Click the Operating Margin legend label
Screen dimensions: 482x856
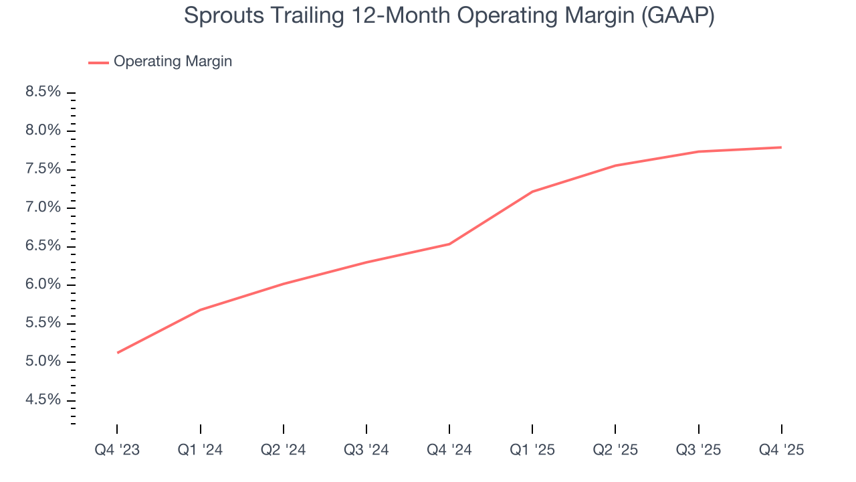tap(173, 62)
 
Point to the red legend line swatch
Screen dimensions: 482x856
tap(98, 62)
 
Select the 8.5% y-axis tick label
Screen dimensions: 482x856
tap(43, 92)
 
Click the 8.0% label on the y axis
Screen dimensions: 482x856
tap(43, 131)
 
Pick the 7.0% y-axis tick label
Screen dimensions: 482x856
tap(43, 208)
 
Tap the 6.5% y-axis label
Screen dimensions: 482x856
tap(43, 246)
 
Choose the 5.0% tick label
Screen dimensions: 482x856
tap(43, 362)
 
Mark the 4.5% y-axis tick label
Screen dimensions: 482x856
tap(43, 400)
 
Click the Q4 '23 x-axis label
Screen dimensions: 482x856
tap(117, 450)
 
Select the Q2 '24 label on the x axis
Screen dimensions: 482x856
tap(284, 450)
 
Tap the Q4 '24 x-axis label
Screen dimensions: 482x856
tap(449, 450)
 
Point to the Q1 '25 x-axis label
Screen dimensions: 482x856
tap(532, 450)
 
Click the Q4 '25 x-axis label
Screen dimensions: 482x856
tap(782, 450)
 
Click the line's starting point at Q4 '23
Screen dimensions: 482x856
tap(117, 353)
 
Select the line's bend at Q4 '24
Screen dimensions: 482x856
tap(449, 244)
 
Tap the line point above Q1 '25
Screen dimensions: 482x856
tap(532, 191)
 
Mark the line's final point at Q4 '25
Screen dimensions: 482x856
tap(782, 147)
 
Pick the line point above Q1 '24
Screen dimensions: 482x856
tap(201, 310)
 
